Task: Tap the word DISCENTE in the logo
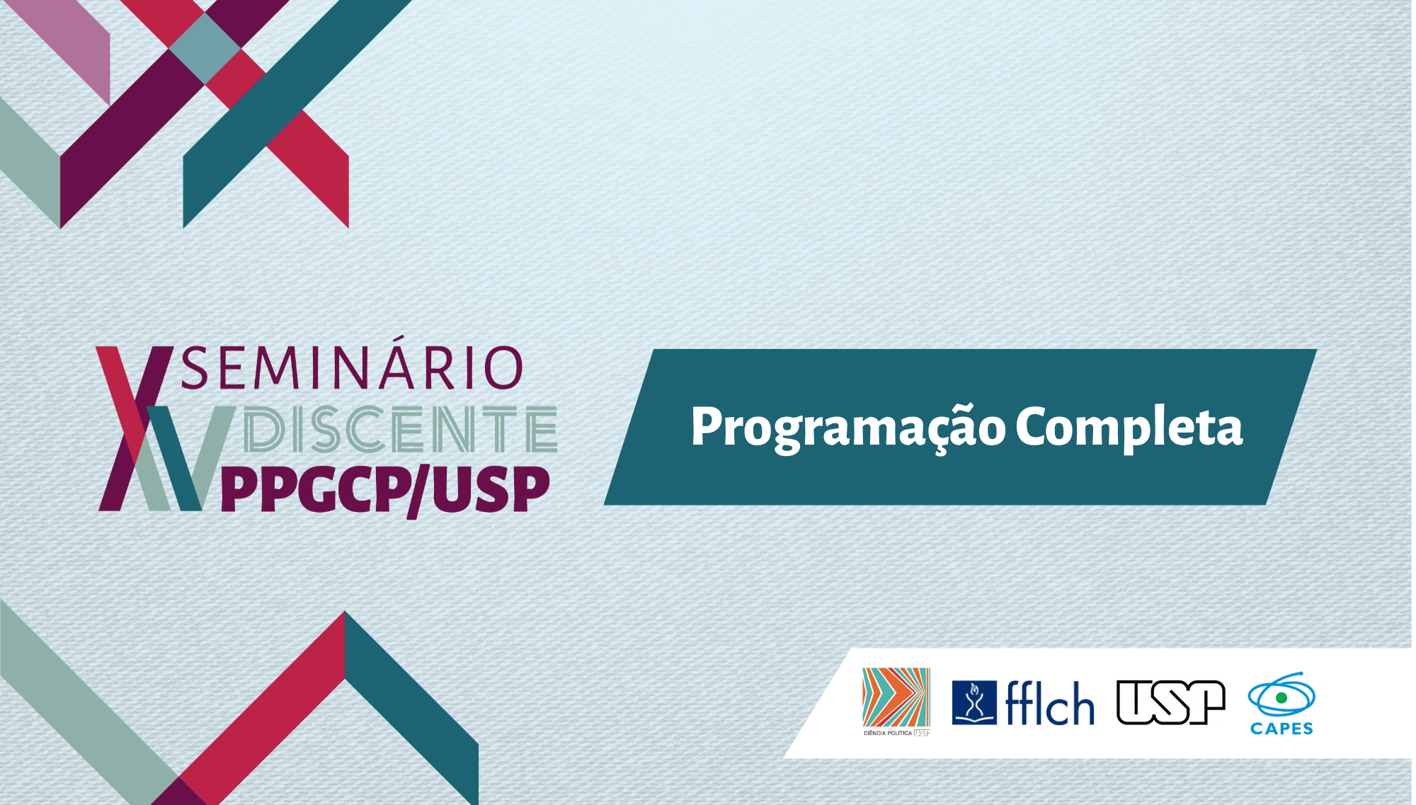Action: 400,429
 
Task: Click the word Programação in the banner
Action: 848,428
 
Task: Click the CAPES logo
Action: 1281,704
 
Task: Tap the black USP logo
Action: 1171,702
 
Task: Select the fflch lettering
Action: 1050,702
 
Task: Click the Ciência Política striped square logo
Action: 896,701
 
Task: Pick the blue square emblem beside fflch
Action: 974,702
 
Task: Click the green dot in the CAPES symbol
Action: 1281,698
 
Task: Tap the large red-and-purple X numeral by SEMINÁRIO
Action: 135,428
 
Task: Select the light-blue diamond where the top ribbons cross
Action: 205,49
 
